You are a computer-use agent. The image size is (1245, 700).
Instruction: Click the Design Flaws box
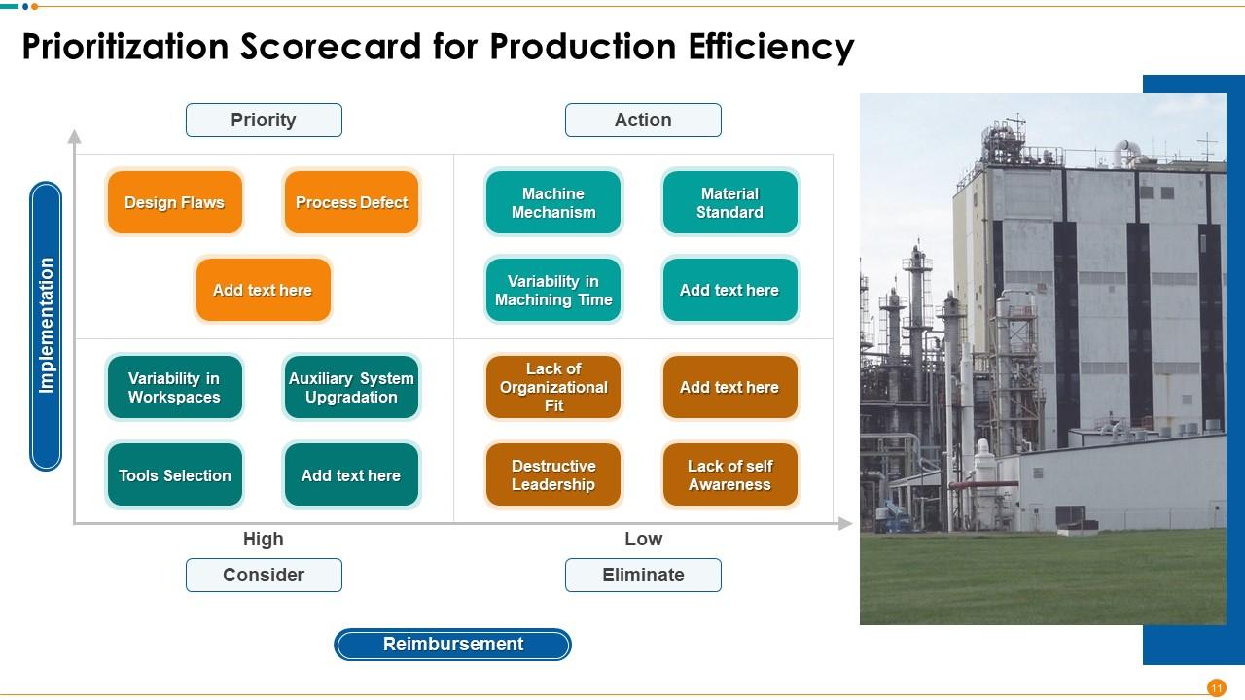point(174,202)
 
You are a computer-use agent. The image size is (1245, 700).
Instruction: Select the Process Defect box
point(351,202)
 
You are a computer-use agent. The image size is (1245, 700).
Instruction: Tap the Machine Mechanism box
point(553,202)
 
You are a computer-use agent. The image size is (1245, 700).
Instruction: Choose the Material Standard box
point(729,202)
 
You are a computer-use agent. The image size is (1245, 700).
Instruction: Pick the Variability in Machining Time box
point(553,290)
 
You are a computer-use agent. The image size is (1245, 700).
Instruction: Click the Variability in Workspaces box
point(174,387)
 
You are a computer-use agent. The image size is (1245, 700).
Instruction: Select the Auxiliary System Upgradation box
point(351,387)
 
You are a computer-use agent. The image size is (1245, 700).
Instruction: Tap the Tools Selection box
point(174,475)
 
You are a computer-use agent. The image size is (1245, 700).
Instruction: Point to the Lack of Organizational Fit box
point(553,387)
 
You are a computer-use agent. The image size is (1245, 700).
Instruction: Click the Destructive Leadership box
point(553,475)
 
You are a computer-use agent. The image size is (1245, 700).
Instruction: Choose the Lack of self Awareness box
point(729,475)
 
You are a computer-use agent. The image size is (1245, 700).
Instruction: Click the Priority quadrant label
point(264,120)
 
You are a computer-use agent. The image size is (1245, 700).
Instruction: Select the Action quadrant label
point(643,120)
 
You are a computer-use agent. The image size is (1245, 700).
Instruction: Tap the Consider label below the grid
point(264,575)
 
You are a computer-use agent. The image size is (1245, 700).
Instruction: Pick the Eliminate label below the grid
point(643,575)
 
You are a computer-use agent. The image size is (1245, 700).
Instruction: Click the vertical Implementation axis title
point(46,326)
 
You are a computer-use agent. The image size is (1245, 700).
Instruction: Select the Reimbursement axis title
point(452,644)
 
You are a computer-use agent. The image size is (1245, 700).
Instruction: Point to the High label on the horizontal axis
point(264,539)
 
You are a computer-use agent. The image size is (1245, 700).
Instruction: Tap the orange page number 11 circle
point(1216,687)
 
